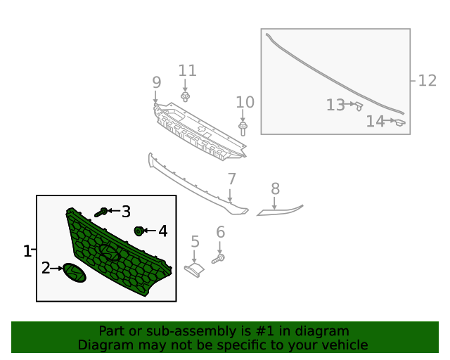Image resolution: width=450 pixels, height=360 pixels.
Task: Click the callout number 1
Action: click(x=27, y=251)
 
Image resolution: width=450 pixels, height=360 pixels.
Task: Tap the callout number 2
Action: click(x=46, y=268)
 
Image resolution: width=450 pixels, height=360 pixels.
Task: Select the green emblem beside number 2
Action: click(x=75, y=272)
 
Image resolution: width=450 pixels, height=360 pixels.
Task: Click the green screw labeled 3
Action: click(x=101, y=212)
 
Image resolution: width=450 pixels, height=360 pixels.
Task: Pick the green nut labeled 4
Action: click(x=139, y=231)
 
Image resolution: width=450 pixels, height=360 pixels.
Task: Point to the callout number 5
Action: click(x=195, y=241)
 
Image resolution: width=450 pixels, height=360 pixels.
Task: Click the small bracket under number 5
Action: click(x=194, y=270)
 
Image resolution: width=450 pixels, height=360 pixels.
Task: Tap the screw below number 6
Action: click(x=218, y=259)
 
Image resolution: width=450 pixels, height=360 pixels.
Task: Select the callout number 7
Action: click(x=231, y=179)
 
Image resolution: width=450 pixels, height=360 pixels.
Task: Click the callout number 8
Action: click(x=275, y=189)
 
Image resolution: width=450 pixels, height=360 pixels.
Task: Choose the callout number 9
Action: click(x=156, y=82)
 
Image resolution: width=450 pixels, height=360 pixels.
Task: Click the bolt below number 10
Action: click(x=243, y=129)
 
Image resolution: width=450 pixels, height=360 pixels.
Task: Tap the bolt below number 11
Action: click(x=186, y=97)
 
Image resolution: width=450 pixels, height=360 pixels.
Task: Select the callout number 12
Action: click(x=427, y=81)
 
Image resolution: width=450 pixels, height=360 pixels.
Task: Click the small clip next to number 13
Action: click(x=359, y=106)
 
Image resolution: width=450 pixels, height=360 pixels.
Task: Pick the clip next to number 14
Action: click(x=400, y=122)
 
